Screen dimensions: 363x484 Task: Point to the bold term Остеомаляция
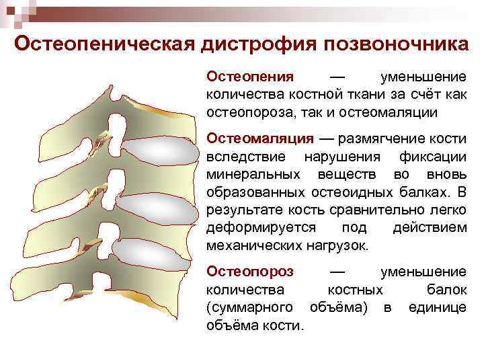(260, 139)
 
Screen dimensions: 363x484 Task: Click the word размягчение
(376, 139)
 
